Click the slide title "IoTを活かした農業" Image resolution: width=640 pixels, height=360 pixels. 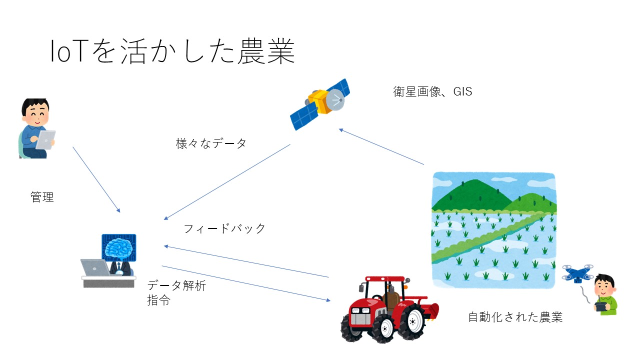(x=172, y=51)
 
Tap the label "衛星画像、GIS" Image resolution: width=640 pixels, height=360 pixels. (x=432, y=91)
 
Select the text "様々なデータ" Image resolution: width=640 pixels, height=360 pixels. (x=211, y=143)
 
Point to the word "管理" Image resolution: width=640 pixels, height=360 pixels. (x=42, y=197)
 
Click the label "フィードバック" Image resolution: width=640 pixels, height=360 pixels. (x=224, y=228)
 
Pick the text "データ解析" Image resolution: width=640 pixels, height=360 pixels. (x=176, y=285)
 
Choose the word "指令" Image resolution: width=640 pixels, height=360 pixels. (x=159, y=300)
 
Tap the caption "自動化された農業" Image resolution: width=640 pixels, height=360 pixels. (x=515, y=317)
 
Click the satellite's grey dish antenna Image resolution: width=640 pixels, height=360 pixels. (x=334, y=99)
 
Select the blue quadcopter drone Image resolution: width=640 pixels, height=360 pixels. (x=577, y=273)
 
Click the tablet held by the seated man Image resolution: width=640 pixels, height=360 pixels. (x=45, y=140)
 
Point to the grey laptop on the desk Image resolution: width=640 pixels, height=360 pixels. (x=95, y=267)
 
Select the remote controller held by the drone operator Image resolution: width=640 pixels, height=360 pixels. (x=601, y=307)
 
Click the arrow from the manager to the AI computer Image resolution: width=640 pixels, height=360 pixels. (x=96, y=179)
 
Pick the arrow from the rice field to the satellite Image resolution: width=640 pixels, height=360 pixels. (x=381, y=146)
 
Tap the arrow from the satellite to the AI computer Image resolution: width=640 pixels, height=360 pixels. (x=227, y=182)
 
